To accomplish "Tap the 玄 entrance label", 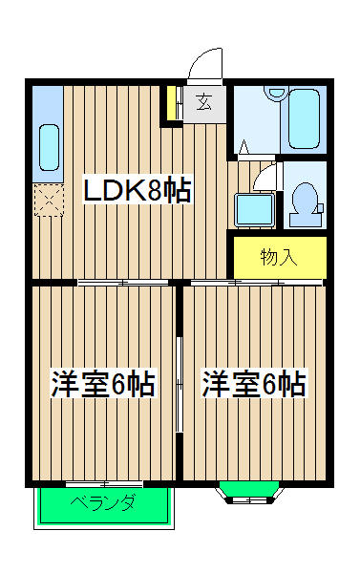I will point(204,101).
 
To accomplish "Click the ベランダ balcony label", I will point(103,505).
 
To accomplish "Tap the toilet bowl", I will point(307,201).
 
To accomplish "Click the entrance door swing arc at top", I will point(204,66).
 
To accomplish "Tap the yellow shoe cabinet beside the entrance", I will point(172,104).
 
